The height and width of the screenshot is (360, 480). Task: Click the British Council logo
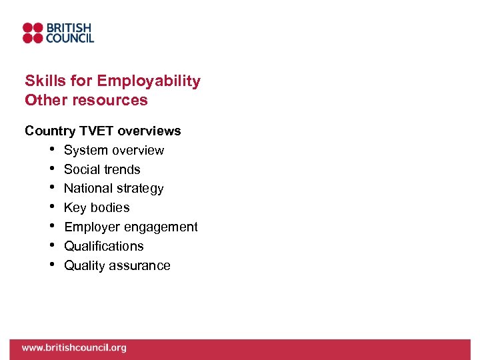coord(58,33)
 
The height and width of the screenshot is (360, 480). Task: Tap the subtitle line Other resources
coord(86,100)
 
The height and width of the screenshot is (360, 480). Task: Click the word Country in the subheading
coord(49,131)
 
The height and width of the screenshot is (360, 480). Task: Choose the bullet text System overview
coord(113,150)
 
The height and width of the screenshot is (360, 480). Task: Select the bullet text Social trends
coord(102,169)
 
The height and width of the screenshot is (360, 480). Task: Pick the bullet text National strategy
coord(113,189)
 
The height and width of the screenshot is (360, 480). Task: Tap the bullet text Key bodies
coord(97,208)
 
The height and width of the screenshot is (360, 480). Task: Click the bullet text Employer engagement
coord(131,227)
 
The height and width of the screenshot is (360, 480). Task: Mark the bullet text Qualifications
coord(103,246)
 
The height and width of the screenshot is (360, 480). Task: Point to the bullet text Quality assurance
coord(117,265)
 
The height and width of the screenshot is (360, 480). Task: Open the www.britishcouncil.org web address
coord(73,347)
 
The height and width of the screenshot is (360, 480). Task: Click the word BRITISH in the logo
coord(69,28)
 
